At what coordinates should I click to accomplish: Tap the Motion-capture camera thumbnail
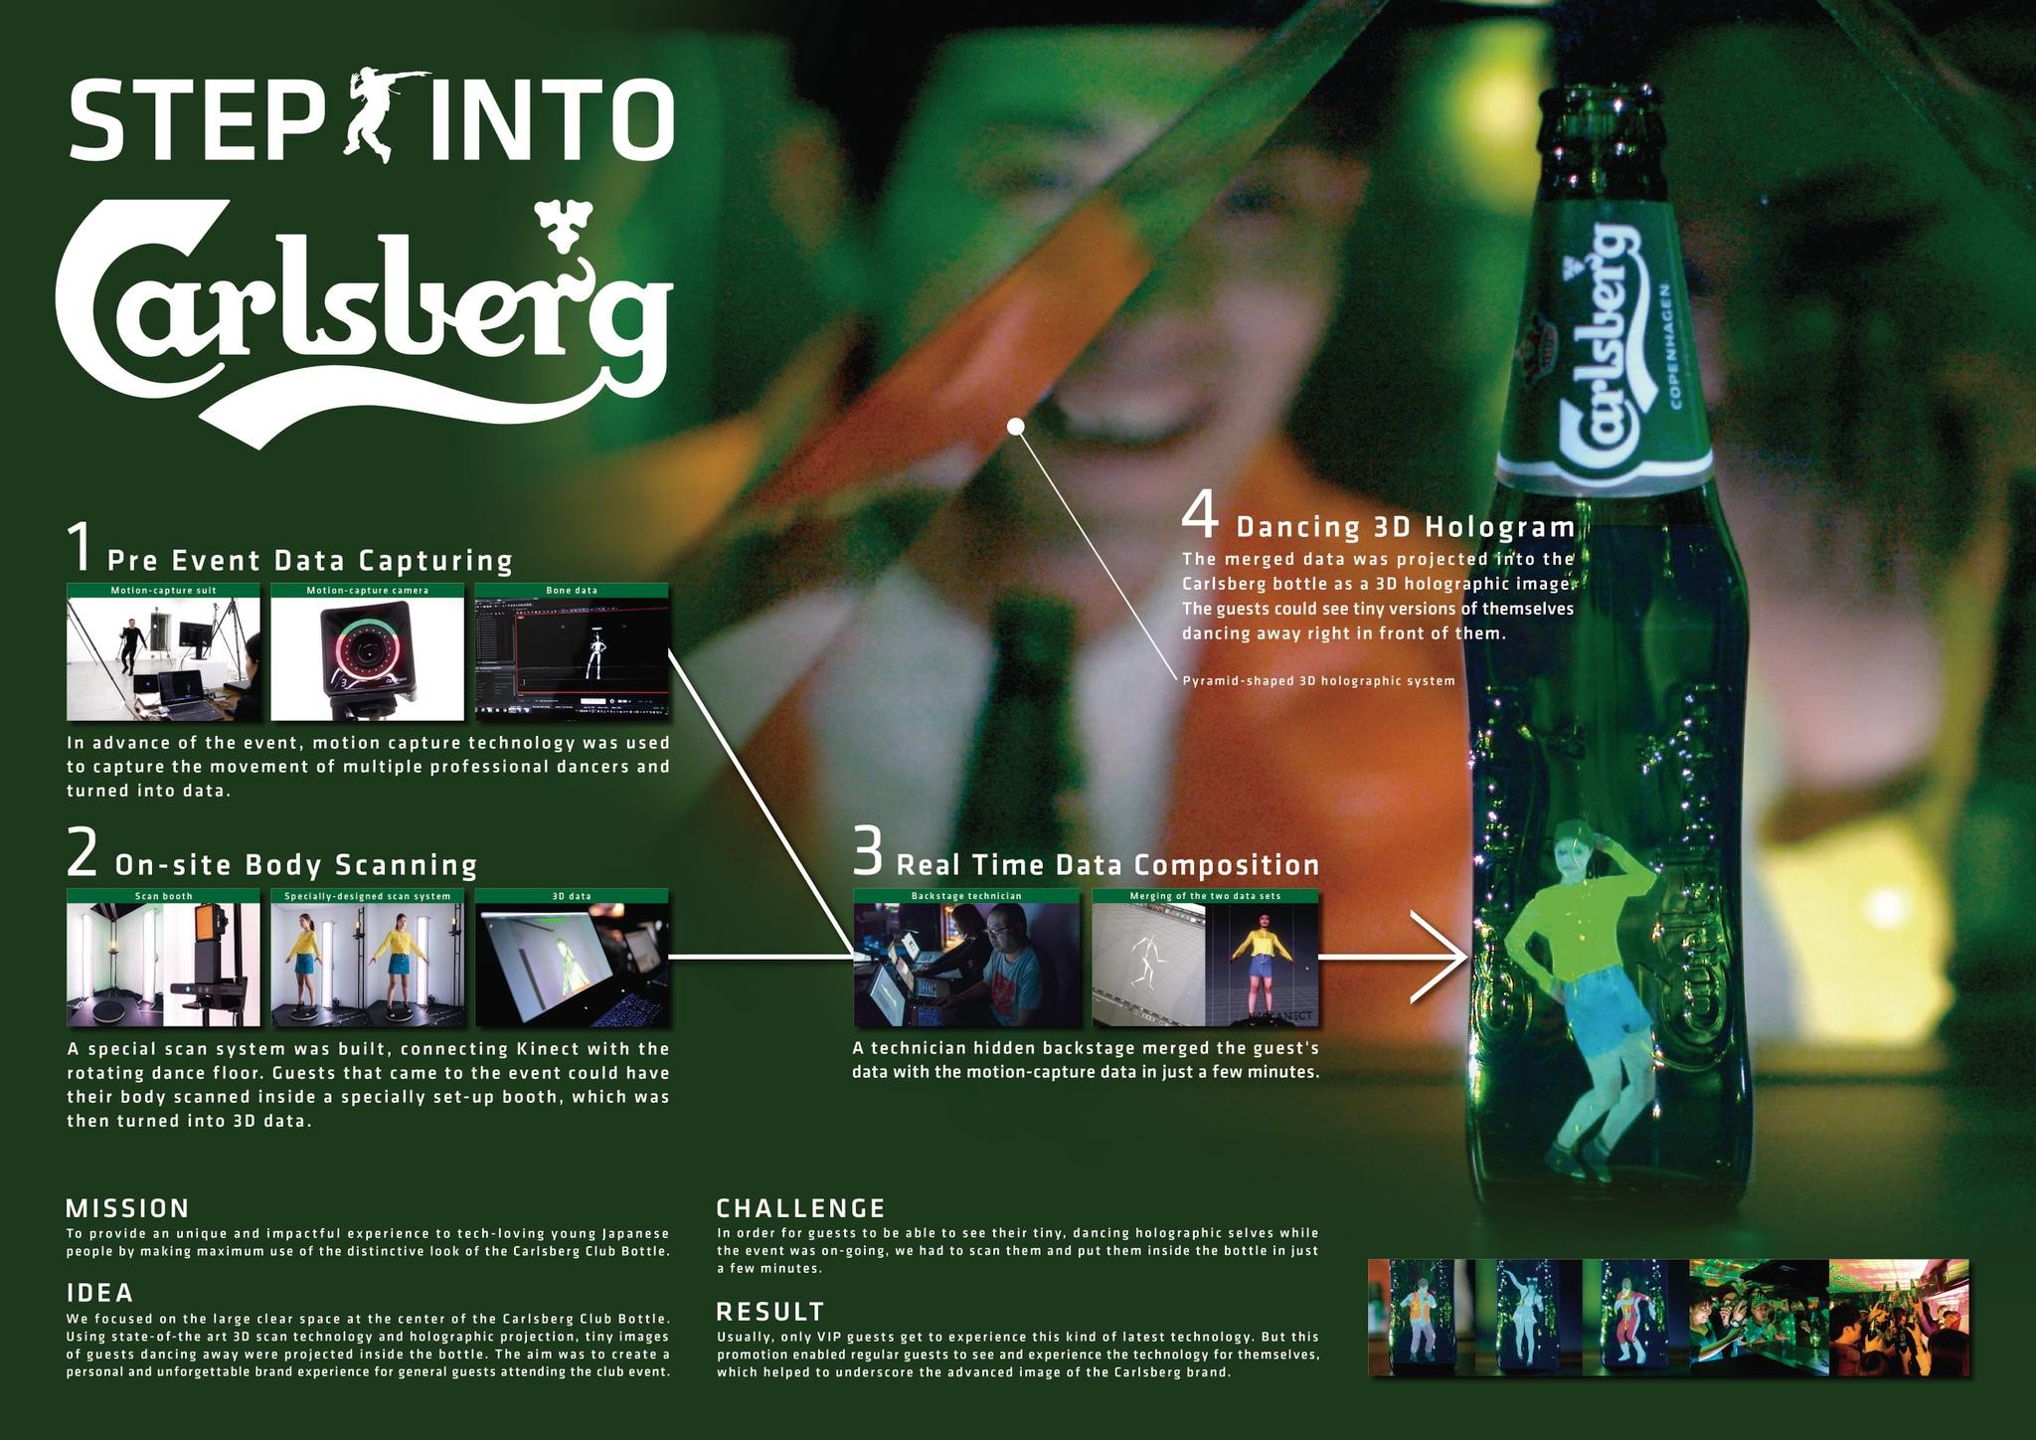pos(367,657)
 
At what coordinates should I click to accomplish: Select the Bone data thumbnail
pos(572,657)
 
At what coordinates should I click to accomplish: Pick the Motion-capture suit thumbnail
pos(163,657)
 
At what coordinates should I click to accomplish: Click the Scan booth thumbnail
pos(163,963)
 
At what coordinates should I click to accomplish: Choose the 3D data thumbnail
pos(572,963)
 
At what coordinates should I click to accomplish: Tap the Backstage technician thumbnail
pos(966,963)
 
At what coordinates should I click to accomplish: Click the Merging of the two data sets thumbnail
pos(1205,963)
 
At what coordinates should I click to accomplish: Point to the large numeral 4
pos(1200,516)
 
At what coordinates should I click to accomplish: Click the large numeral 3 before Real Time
pos(868,855)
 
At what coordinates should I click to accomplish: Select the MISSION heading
pos(127,1208)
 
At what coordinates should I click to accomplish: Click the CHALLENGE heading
pos(800,1208)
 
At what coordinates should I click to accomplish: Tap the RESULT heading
pos(770,1311)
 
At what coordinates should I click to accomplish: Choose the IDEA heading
pos(99,1293)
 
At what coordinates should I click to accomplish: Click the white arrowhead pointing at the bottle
pos(1442,957)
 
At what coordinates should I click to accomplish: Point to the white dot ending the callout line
pos(1015,427)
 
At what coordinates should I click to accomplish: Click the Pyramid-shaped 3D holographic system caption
pos(1318,681)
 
